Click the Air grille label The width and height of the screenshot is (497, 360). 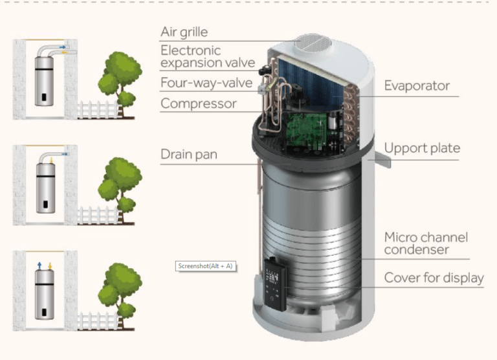184,32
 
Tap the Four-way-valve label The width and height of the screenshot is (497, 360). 198,83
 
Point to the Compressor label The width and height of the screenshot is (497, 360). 199,103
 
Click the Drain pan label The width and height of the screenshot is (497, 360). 189,155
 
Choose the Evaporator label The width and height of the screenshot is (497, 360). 417,86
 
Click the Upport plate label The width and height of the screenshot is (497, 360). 422,148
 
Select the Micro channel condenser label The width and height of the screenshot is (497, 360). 426,243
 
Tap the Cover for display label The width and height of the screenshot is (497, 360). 434,278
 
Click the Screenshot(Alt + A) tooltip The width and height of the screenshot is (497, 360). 205,266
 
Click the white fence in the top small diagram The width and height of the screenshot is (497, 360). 97,109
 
